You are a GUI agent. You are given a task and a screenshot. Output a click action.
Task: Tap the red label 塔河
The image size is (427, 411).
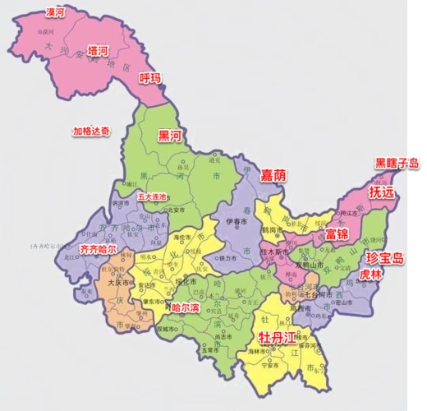[98, 51]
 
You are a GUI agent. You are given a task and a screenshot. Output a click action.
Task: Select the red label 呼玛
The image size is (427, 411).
[149, 79]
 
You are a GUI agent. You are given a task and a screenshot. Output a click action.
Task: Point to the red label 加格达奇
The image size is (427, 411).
[91, 132]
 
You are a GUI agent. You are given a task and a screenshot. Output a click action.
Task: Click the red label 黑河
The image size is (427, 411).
[170, 136]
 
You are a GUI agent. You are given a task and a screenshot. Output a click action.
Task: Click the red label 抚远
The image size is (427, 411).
[381, 192]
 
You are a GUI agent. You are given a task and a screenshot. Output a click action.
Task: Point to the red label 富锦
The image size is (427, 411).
[337, 234]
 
